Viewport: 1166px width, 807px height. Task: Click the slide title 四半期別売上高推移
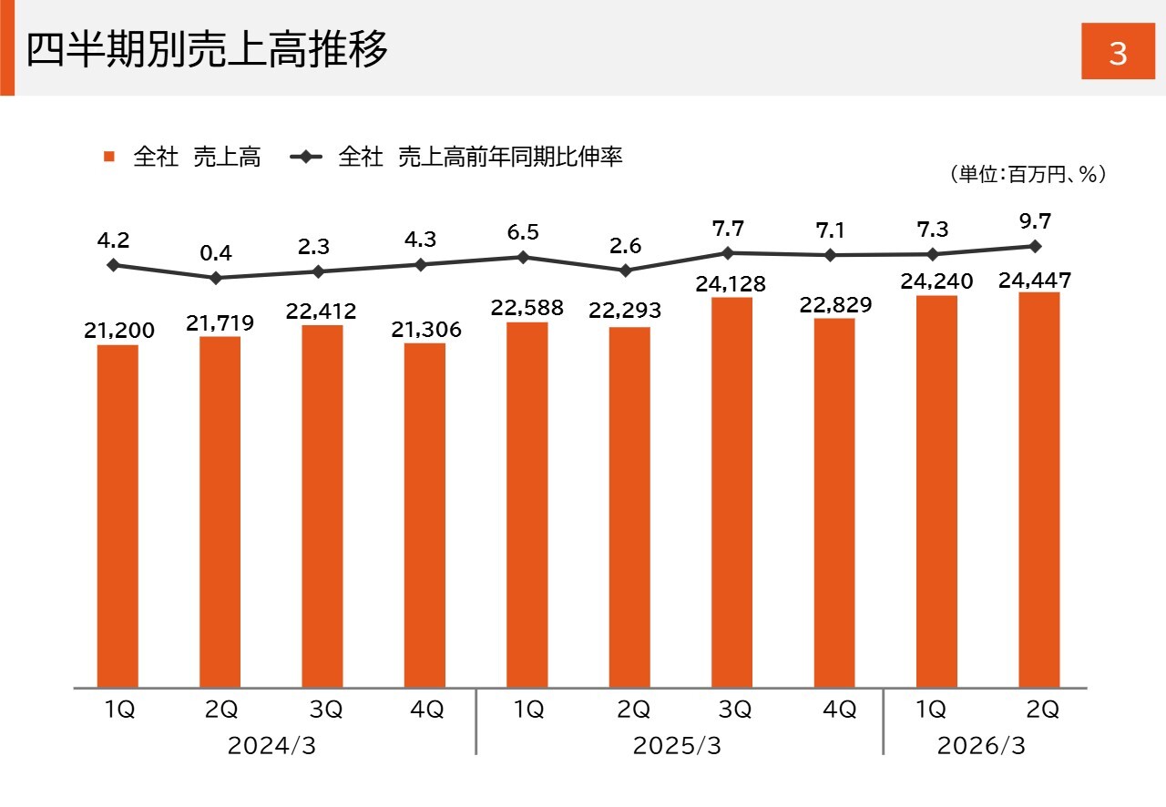click(207, 49)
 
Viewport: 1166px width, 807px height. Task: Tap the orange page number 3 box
click(1118, 54)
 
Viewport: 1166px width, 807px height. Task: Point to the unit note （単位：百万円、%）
click(1027, 174)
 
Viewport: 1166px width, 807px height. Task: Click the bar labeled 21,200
click(118, 516)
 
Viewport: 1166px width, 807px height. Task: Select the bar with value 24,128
click(731, 492)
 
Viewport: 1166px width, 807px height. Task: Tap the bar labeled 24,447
click(1038, 489)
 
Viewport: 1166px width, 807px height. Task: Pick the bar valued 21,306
click(424, 515)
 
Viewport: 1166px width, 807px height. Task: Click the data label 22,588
click(527, 307)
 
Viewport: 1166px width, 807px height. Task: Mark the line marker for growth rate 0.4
click(216, 278)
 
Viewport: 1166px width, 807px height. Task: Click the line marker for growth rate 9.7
click(1036, 246)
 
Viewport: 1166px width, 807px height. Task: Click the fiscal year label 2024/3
click(271, 746)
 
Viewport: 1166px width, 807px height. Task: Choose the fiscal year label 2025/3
click(677, 746)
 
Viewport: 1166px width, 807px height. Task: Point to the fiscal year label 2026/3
click(981, 746)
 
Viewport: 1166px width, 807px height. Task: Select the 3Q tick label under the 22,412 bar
click(324, 710)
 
